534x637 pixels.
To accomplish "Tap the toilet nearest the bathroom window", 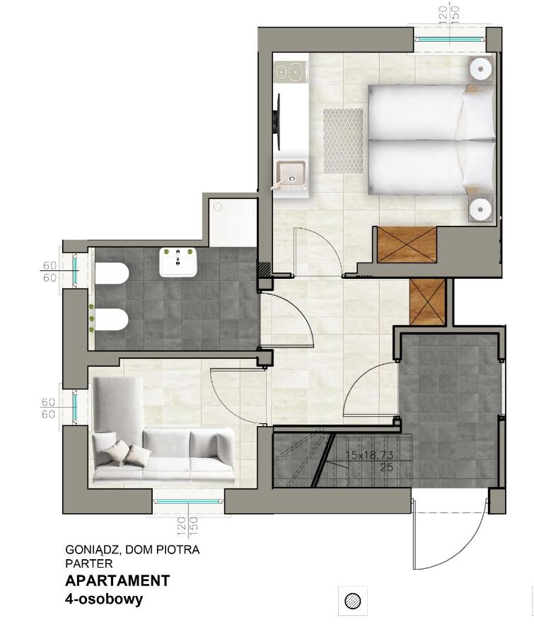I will [x=112, y=274].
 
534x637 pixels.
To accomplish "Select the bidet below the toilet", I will [x=112, y=321].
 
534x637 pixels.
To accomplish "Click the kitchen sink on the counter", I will [x=291, y=174].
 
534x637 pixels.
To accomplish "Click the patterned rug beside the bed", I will [x=343, y=141].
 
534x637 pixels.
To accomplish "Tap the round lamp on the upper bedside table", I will [x=481, y=69].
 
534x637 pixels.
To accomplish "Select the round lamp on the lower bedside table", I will [x=481, y=210].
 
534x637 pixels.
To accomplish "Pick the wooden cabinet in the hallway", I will [x=427, y=302].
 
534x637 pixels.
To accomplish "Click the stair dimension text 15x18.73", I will [x=368, y=455].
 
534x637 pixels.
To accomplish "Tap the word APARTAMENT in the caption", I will [x=117, y=581].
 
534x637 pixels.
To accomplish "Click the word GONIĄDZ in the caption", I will [x=88, y=549].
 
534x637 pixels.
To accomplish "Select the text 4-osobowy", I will [x=104, y=599].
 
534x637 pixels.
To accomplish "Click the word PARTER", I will [x=88, y=564].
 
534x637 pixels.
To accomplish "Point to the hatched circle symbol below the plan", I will [x=352, y=601].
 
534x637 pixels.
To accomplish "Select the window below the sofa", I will [x=189, y=502].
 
